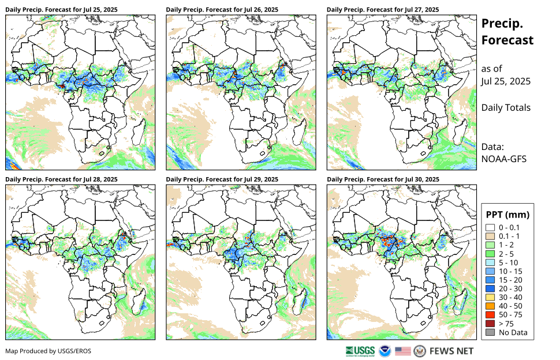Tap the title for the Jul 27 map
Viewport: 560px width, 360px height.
click(382, 10)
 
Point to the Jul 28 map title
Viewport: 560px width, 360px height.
click(61, 179)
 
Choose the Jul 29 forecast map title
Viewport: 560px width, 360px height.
click(222, 179)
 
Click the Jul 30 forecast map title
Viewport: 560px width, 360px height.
click(383, 179)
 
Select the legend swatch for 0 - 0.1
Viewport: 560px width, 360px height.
click(490, 227)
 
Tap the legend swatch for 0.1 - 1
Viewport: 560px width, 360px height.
click(490, 236)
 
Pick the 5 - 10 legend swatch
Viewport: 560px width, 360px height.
click(490, 262)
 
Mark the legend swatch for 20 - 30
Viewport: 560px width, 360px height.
click(490, 288)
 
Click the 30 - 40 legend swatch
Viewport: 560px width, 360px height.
click(490, 297)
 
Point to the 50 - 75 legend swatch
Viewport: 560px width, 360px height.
click(490, 314)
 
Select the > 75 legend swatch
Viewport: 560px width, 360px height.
click(490, 324)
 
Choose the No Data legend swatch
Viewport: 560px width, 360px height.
click(490, 332)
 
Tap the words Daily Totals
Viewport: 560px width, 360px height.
click(506, 107)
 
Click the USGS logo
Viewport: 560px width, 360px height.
click(360, 351)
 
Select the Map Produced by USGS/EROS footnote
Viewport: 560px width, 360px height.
click(48, 351)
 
